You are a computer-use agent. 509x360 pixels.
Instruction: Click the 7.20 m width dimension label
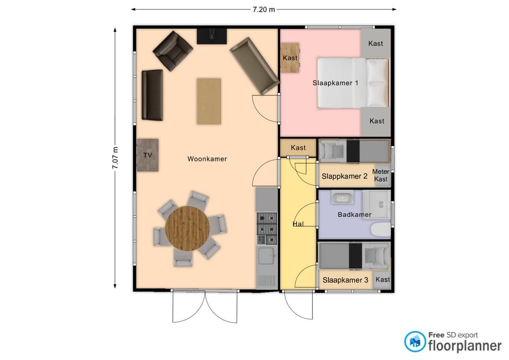264,10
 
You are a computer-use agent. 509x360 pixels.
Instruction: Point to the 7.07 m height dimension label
115,158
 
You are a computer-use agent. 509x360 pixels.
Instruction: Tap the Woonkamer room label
207,159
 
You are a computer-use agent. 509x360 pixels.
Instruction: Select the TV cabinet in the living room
148,155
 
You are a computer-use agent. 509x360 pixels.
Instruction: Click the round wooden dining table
187,228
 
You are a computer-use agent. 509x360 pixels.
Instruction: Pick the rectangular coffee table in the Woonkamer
209,101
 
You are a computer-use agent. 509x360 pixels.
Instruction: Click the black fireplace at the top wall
212,36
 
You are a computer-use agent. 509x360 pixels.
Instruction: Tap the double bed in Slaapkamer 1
353,83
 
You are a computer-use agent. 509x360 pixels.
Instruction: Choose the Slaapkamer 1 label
335,83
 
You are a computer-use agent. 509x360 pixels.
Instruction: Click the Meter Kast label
381,175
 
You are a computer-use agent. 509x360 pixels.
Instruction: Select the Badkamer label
355,215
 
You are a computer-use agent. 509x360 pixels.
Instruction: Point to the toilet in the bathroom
381,230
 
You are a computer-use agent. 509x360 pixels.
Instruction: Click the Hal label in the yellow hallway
299,224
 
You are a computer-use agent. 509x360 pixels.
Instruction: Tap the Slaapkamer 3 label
345,280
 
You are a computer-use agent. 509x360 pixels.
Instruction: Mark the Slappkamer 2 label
345,176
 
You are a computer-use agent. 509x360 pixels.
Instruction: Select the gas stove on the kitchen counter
267,229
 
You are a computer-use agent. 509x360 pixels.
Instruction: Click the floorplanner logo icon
415,341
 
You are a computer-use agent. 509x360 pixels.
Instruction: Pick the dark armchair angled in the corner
173,51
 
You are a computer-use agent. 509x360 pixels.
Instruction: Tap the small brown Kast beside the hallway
298,148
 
